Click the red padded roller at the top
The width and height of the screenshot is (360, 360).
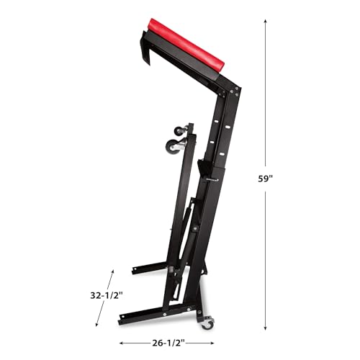(x=189, y=45)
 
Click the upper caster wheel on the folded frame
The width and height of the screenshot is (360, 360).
(x=178, y=132)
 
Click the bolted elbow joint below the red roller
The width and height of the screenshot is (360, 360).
(x=233, y=92)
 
